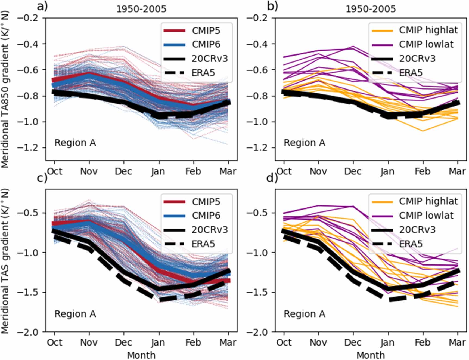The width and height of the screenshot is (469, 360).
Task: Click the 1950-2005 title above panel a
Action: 141,9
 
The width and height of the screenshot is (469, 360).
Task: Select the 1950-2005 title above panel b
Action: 371,9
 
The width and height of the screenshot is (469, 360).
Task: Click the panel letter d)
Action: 272,178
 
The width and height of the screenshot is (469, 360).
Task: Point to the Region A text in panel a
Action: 75,143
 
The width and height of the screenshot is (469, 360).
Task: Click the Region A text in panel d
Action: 305,314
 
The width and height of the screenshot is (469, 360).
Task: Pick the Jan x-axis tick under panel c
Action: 159,342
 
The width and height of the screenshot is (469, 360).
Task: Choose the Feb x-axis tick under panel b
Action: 423,171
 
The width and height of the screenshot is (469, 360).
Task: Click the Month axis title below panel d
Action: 371,355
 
